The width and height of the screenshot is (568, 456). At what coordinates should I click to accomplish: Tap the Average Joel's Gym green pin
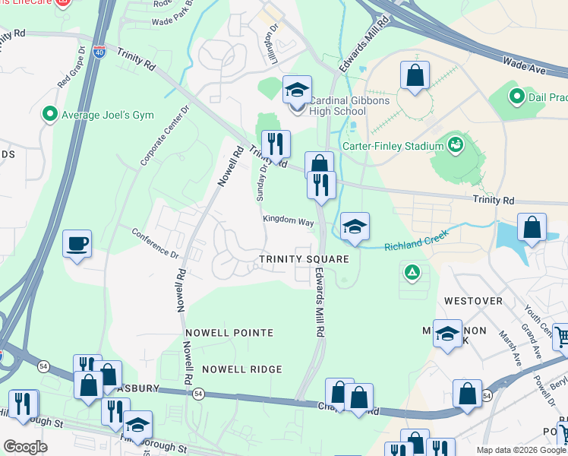point(51,115)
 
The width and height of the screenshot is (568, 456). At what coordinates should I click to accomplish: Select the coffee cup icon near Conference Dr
point(77,244)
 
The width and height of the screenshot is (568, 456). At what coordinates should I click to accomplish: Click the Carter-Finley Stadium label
point(402,146)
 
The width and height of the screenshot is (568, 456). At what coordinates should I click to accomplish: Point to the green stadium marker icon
point(456,144)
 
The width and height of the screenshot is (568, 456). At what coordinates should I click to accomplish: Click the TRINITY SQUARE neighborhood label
point(304,259)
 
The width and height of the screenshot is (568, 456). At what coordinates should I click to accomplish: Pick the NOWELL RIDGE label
point(241,369)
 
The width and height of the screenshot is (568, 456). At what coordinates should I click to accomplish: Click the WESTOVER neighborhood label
point(473,301)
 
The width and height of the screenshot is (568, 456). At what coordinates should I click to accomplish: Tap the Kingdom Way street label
point(289,221)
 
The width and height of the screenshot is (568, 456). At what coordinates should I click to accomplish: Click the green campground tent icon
point(412,271)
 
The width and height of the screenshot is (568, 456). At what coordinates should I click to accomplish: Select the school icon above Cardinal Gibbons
point(298,90)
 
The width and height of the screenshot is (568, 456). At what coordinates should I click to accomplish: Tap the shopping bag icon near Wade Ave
point(415,75)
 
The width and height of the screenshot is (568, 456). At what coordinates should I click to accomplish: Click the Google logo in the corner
point(25,447)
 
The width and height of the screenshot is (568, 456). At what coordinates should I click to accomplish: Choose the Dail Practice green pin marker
point(517,97)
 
